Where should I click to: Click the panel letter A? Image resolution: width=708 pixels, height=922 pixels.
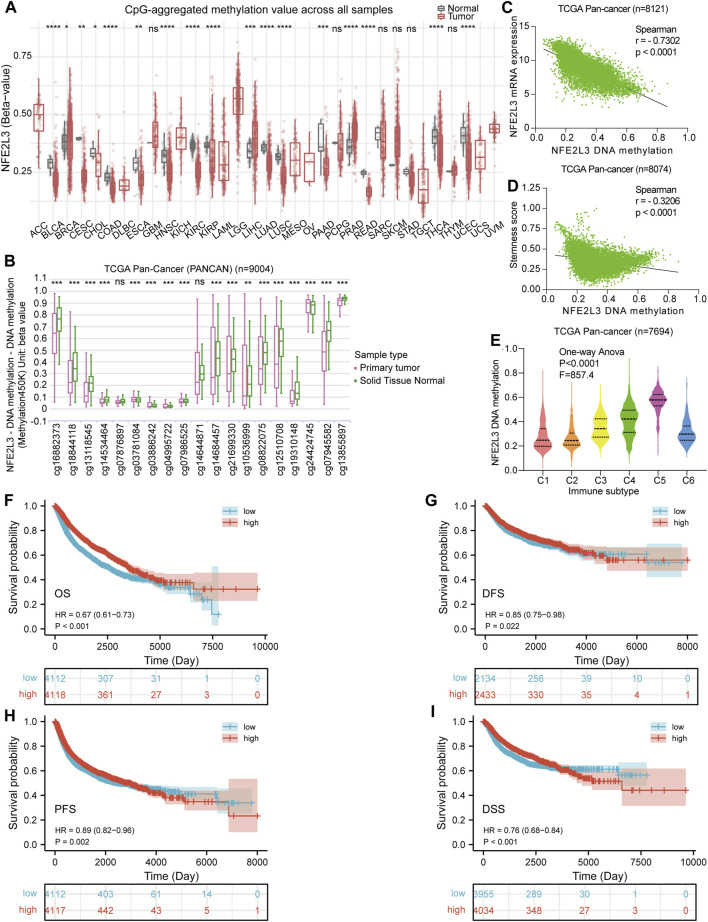(x=9, y=8)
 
